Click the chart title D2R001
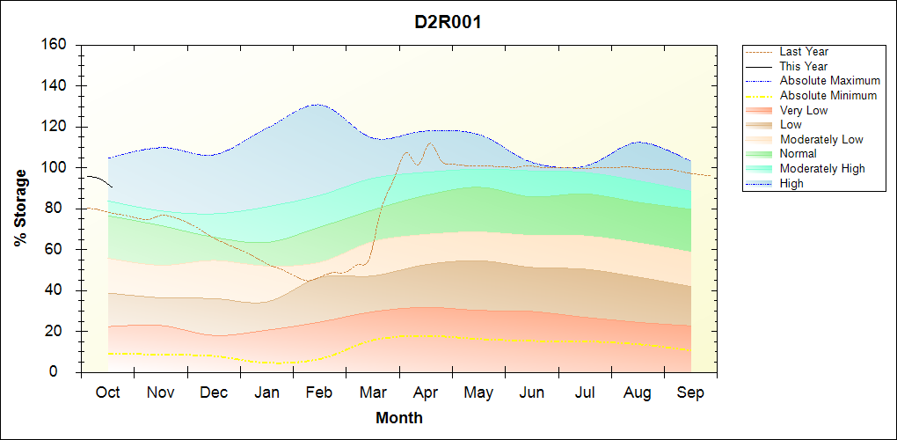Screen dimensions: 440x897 pyautogui.click(x=448, y=22)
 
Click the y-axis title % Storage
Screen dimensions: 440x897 pyautogui.click(x=21, y=207)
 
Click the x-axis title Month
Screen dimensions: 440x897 pyautogui.click(x=399, y=418)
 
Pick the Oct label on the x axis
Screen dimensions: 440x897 pyautogui.click(x=107, y=393)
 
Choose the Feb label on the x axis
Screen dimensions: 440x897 pyautogui.click(x=320, y=393)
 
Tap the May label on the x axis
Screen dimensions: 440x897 pyautogui.click(x=478, y=393)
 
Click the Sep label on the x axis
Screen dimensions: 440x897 pyautogui.click(x=690, y=393)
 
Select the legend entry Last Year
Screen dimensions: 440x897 pyautogui.click(x=804, y=52)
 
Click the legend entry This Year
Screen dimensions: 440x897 pyautogui.click(x=804, y=66)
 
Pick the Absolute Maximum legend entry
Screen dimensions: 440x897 pyautogui.click(x=829, y=81)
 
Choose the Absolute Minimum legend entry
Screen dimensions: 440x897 pyautogui.click(x=828, y=95)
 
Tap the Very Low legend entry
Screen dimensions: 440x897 pyautogui.click(x=804, y=110)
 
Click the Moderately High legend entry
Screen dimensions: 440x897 pyautogui.click(x=822, y=168)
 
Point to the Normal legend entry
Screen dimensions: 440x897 pyautogui.click(x=798, y=154)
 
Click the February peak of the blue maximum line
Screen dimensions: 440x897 pyautogui.click(x=317, y=105)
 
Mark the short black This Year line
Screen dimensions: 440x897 pyautogui.click(x=98, y=179)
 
